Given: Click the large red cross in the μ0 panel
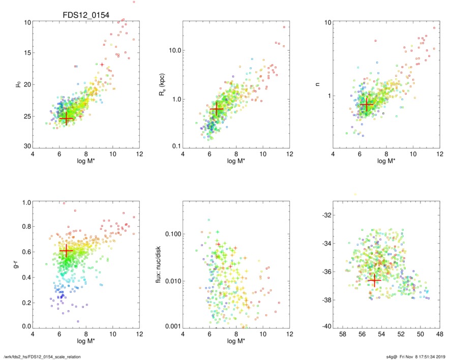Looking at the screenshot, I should click(66, 117).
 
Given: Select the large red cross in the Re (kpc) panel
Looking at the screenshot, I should click(217, 109).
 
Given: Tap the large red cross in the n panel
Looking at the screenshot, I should click(367, 104).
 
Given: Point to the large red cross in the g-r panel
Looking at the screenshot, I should click(66, 251).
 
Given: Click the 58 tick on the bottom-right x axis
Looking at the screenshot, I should click(342, 334).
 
